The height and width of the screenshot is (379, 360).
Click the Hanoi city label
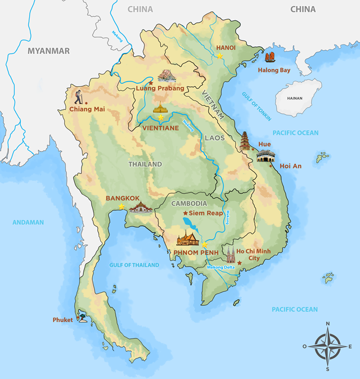coord(226,48)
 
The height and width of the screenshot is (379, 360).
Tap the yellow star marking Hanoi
coord(220,56)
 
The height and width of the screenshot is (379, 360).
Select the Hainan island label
coord(295,98)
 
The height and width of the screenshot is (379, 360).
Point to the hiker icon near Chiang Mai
coord(78,95)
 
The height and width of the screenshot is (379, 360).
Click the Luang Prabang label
coord(160,88)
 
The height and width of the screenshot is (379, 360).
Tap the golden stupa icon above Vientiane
coord(161,107)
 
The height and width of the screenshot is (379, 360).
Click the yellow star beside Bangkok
coord(121,207)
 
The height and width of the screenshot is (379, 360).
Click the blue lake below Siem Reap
coord(188,224)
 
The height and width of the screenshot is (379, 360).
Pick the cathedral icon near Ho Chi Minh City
coord(231,255)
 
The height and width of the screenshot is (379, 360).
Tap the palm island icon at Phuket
coord(85,319)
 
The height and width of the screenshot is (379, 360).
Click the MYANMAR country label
coord(49,51)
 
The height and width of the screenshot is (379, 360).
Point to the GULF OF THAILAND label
coord(134,265)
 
